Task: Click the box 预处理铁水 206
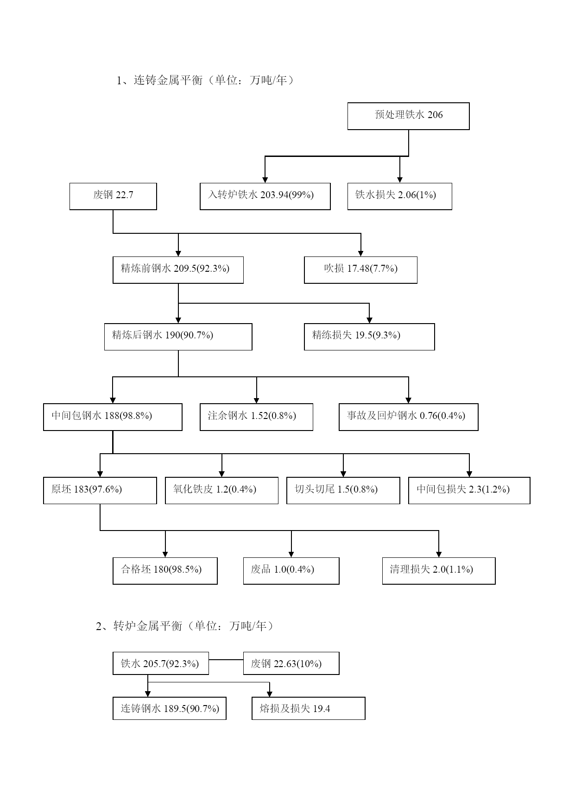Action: tap(408, 116)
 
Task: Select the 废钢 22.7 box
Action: tap(113, 196)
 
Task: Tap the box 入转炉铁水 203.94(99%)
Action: tap(265, 196)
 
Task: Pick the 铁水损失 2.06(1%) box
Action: tap(399, 196)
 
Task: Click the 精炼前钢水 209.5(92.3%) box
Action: tap(178, 270)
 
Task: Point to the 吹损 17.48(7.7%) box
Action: tap(360, 270)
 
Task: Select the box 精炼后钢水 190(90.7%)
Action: tap(178, 337)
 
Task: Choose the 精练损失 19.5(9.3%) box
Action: tap(369, 337)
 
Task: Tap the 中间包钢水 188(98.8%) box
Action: tap(113, 417)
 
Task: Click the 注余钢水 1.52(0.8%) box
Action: tap(256, 417)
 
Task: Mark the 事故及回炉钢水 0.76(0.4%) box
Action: tap(408, 417)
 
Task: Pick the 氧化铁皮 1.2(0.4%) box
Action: tap(221, 490)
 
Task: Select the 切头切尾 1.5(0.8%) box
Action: tap(343, 490)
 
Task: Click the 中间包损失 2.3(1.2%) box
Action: tap(469, 490)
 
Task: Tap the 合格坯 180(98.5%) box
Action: tap(165, 571)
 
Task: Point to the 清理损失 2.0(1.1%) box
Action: tap(439, 571)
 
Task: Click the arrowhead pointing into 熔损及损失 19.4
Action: tap(269, 693)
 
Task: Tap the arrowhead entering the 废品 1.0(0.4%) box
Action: tap(291, 554)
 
